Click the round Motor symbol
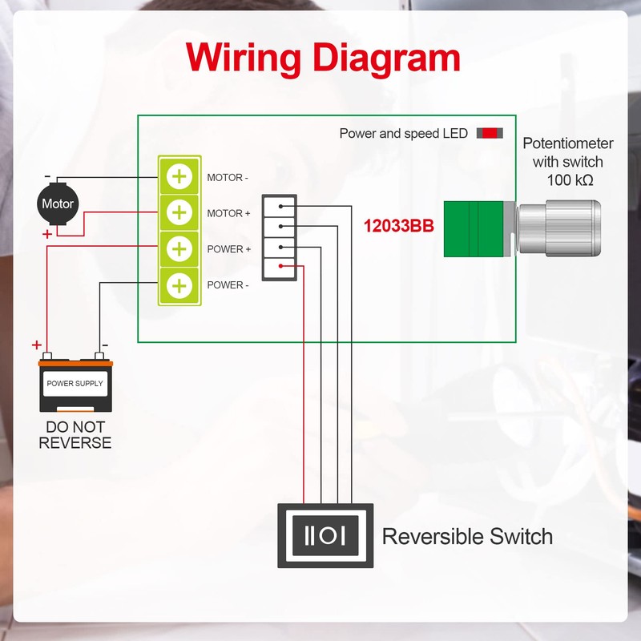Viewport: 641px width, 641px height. point(58,204)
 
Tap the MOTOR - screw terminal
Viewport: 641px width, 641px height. point(180,176)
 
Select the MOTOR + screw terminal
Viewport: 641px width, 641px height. point(180,213)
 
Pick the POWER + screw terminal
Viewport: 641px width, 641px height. point(180,249)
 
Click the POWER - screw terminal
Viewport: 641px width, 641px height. point(180,284)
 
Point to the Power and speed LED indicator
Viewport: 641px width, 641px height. point(490,133)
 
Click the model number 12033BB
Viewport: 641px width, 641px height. point(399,227)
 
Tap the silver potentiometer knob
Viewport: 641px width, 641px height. point(558,227)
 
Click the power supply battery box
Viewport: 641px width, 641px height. point(75,385)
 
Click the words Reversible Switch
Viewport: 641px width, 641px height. point(467,536)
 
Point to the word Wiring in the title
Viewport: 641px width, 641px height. point(243,58)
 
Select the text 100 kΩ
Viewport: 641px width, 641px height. point(568,180)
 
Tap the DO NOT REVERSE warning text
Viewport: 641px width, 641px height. point(75,434)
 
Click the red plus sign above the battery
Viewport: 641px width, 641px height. point(37,345)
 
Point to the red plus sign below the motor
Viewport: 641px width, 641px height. point(47,234)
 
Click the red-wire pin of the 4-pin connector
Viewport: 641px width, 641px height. point(280,266)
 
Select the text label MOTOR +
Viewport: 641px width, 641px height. point(229,213)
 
